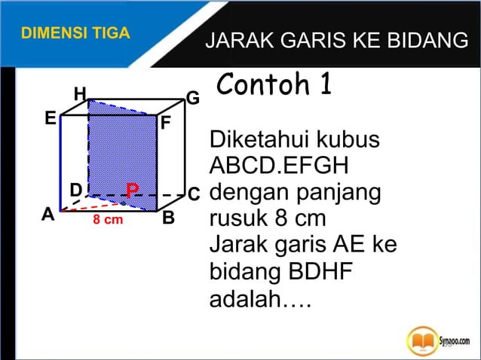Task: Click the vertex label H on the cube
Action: [79, 94]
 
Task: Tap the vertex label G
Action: [193, 99]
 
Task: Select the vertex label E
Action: [50, 119]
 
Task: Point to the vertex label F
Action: [166, 123]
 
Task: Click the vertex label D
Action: [75, 188]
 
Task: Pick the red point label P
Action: [132, 190]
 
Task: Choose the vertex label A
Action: [48, 214]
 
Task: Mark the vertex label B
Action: [168, 218]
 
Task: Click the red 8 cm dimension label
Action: [108, 221]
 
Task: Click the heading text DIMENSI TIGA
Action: [75, 34]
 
